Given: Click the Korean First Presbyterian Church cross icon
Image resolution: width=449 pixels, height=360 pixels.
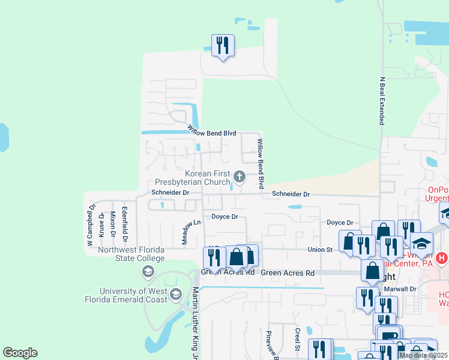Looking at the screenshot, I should coord(240,176).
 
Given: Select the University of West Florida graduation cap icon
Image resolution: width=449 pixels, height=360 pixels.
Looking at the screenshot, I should coord(176,295).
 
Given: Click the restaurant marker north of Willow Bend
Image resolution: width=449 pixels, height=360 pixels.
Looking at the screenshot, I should coord(223,46).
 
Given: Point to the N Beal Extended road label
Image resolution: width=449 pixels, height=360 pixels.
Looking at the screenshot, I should coord(381,101).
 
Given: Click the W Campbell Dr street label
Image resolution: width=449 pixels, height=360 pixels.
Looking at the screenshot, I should coord(91,225).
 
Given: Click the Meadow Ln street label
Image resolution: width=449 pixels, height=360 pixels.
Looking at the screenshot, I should coord(190,231).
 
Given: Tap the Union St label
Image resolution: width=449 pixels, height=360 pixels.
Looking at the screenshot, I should coord(320,250).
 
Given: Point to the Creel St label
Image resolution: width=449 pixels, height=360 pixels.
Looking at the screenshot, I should coord(297,340).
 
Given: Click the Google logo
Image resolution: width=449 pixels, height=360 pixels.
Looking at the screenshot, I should coord(20,353).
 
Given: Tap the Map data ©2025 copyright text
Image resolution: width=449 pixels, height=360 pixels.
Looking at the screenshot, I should coord(421,355).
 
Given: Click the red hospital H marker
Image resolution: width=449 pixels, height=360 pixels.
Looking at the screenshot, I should coord(442,259).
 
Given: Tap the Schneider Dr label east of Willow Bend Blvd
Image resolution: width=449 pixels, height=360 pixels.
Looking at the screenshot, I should coord(291,194).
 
